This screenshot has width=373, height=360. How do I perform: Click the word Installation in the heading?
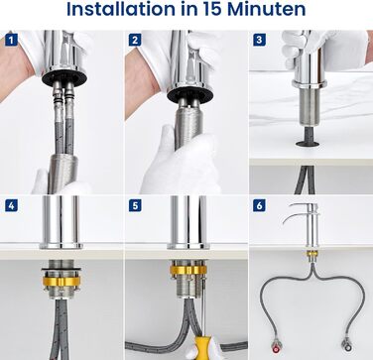[x=121, y=9]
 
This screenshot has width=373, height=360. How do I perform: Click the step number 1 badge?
[x=12, y=41]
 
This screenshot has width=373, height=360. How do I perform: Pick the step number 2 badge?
[x=135, y=41]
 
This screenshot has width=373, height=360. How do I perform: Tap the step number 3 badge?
[x=259, y=40]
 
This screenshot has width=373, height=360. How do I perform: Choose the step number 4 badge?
[x=12, y=205]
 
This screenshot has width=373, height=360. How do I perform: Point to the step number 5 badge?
[x=135, y=205]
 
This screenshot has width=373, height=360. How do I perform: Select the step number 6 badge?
[x=259, y=205]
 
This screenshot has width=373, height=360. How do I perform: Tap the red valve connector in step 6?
[x=277, y=345]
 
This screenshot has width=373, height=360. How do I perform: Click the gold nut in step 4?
[x=62, y=281]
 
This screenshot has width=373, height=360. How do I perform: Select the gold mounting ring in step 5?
[x=188, y=270]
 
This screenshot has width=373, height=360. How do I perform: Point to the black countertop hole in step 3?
[x=308, y=144]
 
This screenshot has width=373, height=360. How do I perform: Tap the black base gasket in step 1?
[x=64, y=77]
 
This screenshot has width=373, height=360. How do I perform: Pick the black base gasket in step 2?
[x=189, y=94]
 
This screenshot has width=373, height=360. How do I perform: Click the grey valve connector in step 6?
[x=347, y=345]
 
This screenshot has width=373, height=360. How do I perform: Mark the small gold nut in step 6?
[x=311, y=254]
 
